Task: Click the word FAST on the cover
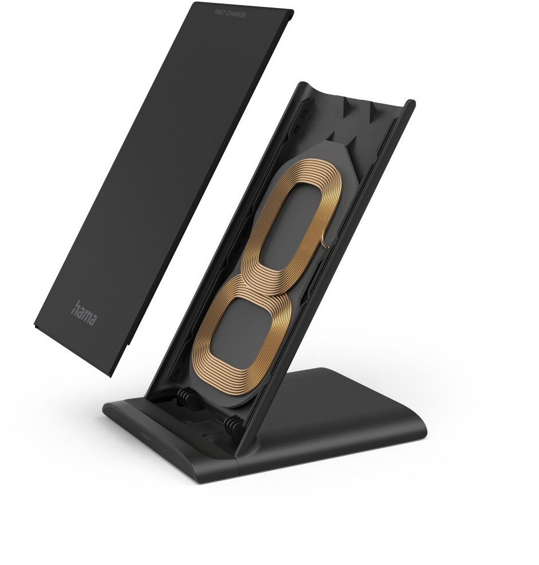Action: click(x=221, y=14)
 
